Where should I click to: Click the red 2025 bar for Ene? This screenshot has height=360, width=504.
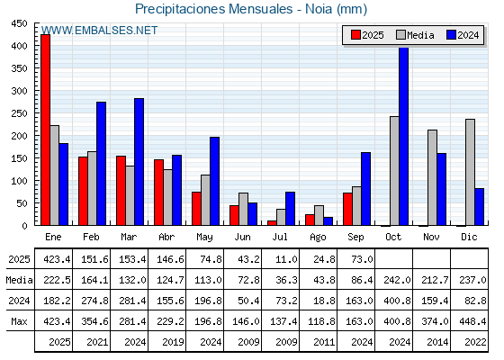pos(46,130)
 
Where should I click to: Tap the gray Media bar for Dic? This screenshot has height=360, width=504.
pos(470,172)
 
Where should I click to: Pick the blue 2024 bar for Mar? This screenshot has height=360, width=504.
pos(139,162)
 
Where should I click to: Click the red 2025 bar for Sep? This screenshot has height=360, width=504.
pos(347,209)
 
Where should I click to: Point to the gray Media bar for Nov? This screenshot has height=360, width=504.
pos(432,178)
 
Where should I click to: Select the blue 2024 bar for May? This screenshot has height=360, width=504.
pos(215,181)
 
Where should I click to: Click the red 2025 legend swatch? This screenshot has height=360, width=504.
pos(355,35)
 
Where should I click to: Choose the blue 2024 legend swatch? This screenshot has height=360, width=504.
pos(451,35)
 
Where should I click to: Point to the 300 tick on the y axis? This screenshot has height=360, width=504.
pos(19,91)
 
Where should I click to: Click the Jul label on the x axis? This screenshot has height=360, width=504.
pos(280,237)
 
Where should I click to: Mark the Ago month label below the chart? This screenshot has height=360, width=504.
pos(318,238)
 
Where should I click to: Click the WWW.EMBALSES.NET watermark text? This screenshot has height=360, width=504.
pos(99,31)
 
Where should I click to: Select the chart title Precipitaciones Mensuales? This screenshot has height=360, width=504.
pos(214,9)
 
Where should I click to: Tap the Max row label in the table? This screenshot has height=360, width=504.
pos(19,321)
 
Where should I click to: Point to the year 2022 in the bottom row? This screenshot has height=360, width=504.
pos(475,342)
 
